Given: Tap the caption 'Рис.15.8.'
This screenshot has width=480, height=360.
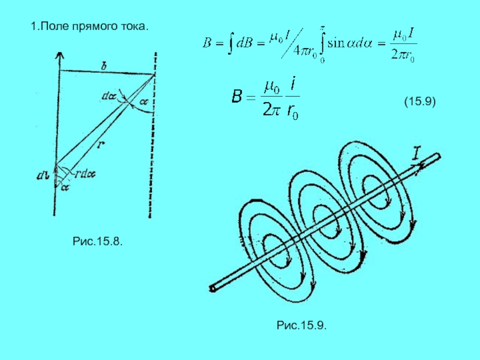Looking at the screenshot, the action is tap(98, 241).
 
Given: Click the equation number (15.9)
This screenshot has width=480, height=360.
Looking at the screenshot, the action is tap(419, 104).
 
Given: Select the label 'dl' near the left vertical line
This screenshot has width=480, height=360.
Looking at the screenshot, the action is tap(43, 176).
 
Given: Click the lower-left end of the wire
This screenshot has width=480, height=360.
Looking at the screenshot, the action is tap(212, 289).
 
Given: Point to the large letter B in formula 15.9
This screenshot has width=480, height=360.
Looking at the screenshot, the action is tap(238, 96).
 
